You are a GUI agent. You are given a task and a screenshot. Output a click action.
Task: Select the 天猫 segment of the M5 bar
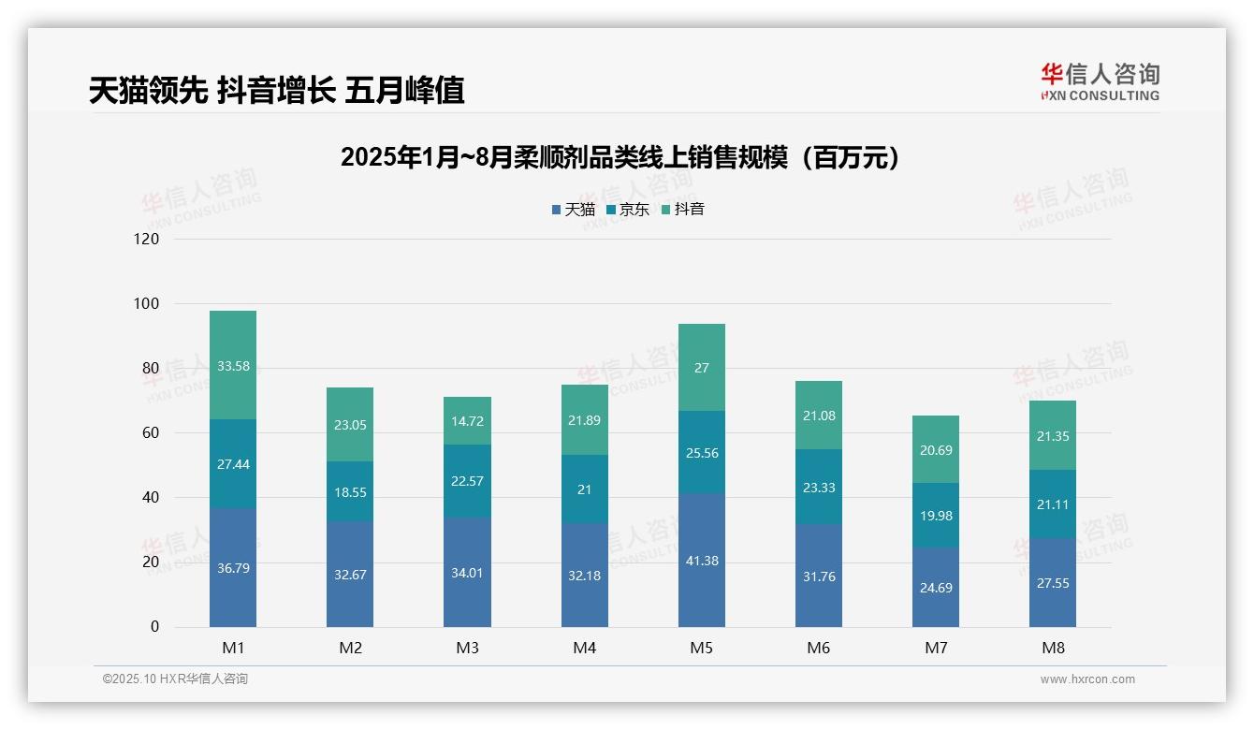point(701,560)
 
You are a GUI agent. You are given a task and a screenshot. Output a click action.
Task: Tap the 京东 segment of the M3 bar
point(467,481)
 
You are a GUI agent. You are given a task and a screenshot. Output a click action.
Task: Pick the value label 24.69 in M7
point(935,588)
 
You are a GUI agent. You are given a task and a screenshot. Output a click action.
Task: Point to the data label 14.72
point(467,421)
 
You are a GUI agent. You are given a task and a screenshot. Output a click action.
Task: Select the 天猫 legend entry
point(573,210)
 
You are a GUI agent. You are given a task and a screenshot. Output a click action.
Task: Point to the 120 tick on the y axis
point(147,239)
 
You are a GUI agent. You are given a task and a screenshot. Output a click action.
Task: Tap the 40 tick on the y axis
point(150,498)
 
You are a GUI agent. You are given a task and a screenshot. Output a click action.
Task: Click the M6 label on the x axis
point(818,648)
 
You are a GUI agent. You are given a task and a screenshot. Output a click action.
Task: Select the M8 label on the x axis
point(1053,648)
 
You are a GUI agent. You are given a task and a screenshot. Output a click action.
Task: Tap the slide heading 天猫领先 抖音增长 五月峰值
point(276,91)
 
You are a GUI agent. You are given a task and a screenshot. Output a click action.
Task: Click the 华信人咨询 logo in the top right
point(1100,81)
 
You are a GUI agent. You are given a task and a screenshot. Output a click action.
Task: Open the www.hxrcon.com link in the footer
point(1087,679)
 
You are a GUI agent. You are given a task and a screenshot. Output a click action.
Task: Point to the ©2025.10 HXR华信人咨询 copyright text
point(175,679)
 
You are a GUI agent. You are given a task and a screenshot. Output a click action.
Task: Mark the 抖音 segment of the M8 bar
point(1053,435)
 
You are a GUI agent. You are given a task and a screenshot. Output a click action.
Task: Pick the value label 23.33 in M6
point(819,488)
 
